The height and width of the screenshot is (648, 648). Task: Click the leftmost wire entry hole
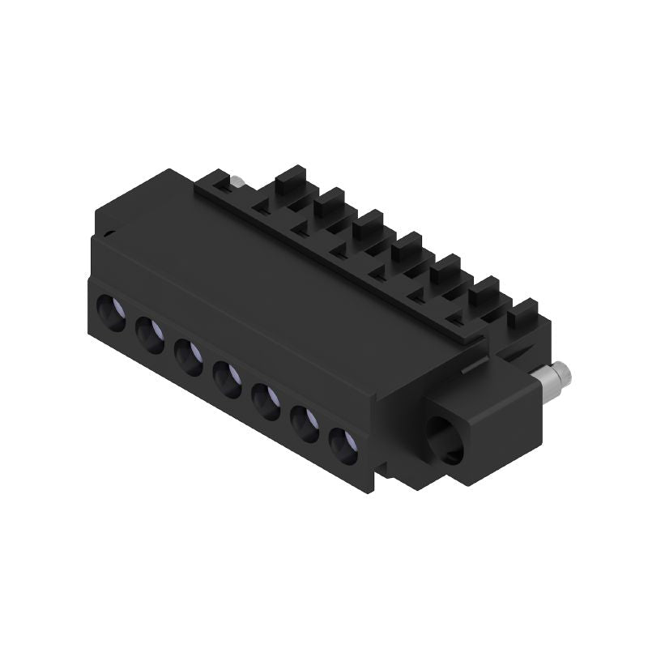112,312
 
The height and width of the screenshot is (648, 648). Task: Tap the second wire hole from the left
151,335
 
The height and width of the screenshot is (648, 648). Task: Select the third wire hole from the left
189,357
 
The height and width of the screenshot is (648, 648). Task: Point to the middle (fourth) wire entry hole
228,379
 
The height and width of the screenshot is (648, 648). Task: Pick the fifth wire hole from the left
266,401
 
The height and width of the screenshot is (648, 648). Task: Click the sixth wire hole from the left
305,424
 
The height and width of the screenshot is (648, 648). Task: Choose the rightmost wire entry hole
343,446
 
